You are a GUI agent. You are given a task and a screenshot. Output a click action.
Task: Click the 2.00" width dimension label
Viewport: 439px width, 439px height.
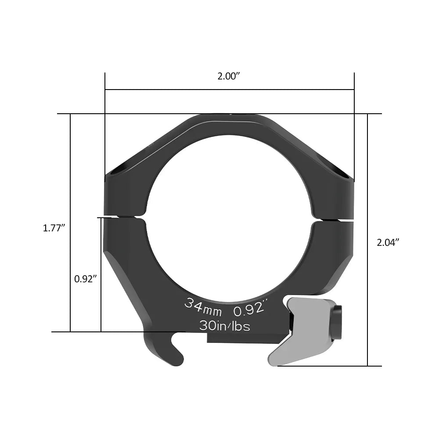tap(229, 76)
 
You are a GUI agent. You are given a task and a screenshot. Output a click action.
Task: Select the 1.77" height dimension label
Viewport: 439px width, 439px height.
tap(54, 228)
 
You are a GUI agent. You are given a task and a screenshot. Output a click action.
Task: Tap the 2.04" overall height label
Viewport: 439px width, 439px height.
tap(388, 242)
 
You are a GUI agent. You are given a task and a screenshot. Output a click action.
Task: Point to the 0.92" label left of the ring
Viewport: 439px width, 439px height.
tap(85, 278)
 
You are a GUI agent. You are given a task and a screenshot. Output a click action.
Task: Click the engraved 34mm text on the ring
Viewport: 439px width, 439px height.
tap(203, 306)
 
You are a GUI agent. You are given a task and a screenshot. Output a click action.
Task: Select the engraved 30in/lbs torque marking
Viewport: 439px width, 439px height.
tap(224, 326)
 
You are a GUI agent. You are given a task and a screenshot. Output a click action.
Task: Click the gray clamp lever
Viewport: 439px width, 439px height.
tap(303, 334)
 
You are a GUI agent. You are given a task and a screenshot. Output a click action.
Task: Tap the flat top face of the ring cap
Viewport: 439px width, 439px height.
tap(229, 118)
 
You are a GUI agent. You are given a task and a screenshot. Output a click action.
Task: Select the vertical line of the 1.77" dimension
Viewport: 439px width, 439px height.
tap(70, 176)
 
